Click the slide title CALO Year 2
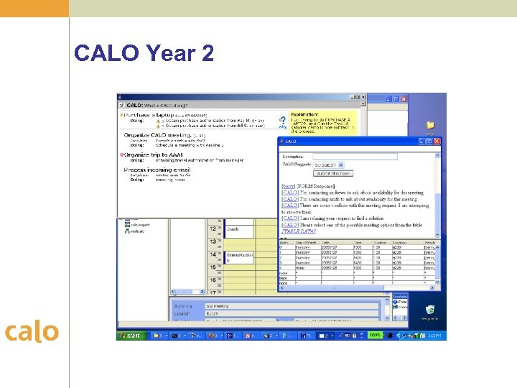pyautogui.click(x=144, y=54)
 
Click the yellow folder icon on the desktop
pyautogui.click(x=430, y=126)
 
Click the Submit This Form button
pyautogui.click(x=333, y=173)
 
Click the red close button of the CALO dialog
pyautogui.click(x=437, y=142)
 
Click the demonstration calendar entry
pyautogui.click(x=239, y=255)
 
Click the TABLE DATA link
pyautogui.click(x=299, y=232)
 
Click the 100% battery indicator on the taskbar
pyautogui.click(x=374, y=335)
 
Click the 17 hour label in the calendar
pyautogui.click(x=213, y=292)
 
